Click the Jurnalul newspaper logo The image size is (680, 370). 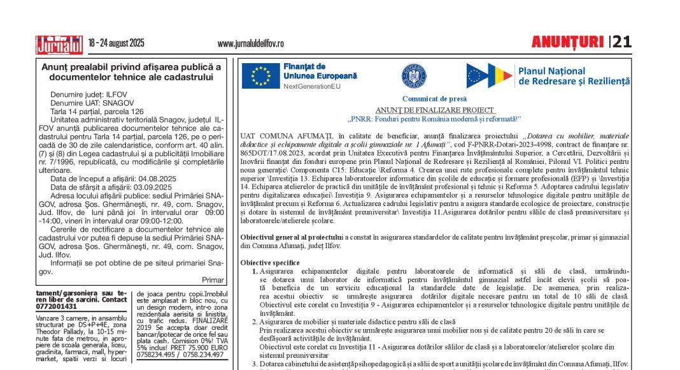point(59,43)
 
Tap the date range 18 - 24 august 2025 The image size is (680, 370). point(117,43)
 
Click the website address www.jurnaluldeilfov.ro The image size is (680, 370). point(250,43)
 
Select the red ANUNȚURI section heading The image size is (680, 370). point(568,43)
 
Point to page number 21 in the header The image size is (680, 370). point(622,43)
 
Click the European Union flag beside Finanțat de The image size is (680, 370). point(260,75)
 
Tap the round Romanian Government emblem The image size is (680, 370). point(414,76)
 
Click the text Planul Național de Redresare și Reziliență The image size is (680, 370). point(574,76)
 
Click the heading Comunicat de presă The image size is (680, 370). point(434,99)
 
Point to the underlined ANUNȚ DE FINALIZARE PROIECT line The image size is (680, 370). point(435,110)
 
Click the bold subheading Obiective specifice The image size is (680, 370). point(270,262)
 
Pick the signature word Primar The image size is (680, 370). point(213,280)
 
